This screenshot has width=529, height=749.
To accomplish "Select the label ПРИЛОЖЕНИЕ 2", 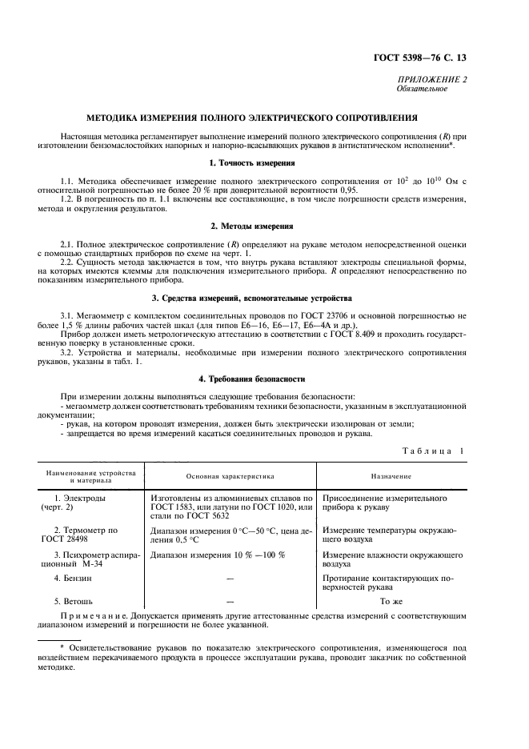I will point(433,79).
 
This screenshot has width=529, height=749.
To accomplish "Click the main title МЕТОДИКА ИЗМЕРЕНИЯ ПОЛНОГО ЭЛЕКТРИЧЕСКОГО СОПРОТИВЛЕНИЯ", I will point(263,118).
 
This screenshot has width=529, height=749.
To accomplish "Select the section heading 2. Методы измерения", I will point(263,226).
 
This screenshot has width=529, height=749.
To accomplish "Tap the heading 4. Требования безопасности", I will point(263,378).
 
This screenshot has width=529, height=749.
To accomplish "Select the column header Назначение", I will point(391,475).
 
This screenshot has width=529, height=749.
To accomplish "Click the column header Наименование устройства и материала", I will point(90,475).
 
